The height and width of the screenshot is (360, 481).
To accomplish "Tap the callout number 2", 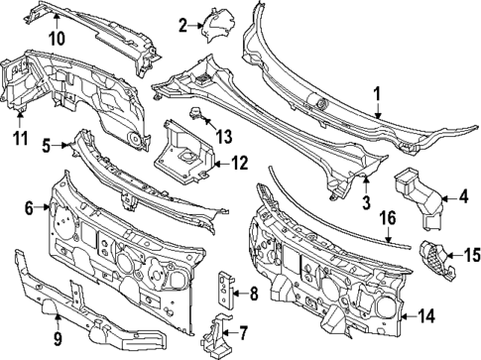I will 181,24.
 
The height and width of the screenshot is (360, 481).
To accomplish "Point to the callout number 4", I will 462,195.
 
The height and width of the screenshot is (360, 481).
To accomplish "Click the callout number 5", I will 46,144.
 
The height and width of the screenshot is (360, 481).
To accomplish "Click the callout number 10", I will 57,39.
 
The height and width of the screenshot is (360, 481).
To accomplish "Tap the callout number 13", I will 224,135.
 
